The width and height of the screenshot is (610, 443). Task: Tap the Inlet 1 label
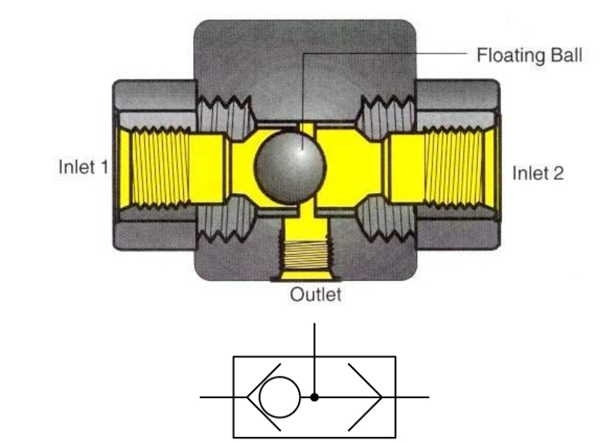83,166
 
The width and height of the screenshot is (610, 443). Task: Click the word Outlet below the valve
315,294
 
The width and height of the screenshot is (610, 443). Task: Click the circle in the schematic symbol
278,397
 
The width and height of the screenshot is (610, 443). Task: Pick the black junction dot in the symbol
315,397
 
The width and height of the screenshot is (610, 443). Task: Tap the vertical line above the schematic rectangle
315,340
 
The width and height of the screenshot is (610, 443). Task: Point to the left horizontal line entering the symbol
216,397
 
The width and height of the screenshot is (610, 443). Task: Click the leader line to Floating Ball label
386,53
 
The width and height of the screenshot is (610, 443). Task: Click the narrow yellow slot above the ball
307,127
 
